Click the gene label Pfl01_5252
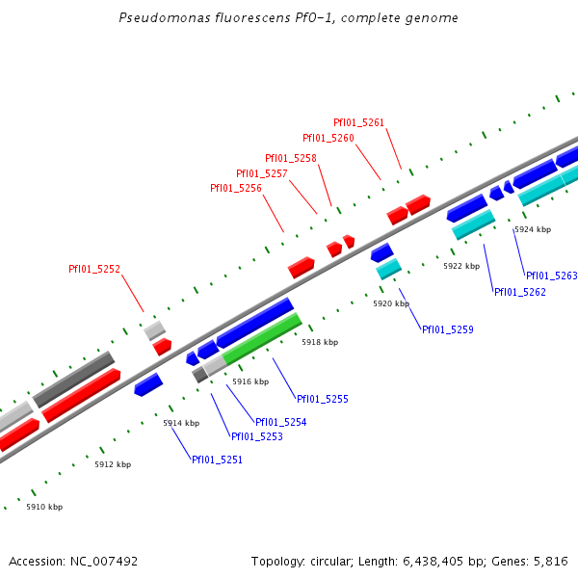(x=94, y=269)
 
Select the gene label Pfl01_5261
(x=358, y=122)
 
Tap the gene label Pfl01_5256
(x=236, y=188)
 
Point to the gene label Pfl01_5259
(x=448, y=329)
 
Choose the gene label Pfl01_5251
(x=217, y=460)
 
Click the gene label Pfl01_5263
(x=551, y=276)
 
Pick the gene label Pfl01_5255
(x=323, y=399)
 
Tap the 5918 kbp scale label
(x=320, y=342)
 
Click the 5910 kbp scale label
(x=44, y=507)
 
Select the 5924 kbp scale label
(x=532, y=229)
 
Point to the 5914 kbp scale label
(x=181, y=423)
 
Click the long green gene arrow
(x=261, y=338)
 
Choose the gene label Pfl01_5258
(x=291, y=158)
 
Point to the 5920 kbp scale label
(x=391, y=303)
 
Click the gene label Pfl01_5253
(x=257, y=436)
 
